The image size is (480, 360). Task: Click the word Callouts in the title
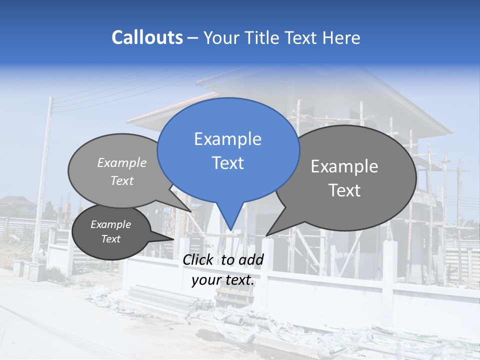[x=147, y=37]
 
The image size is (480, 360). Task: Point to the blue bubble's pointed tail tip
[x=230, y=229]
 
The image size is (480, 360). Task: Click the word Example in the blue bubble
[x=227, y=139]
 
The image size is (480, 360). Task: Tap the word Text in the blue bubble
[x=227, y=163]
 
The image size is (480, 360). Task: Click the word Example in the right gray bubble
[x=344, y=166]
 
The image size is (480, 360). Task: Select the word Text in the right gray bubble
[x=344, y=190]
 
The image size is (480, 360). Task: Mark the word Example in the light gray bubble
[x=122, y=163]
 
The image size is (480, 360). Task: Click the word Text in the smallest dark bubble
[x=110, y=239]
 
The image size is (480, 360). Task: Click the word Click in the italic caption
[x=198, y=259]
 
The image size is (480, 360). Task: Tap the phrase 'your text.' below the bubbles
[x=223, y=280]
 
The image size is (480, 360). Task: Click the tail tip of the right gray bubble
[x=267, y=235]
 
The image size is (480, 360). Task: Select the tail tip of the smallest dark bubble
[x=173, y=239]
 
